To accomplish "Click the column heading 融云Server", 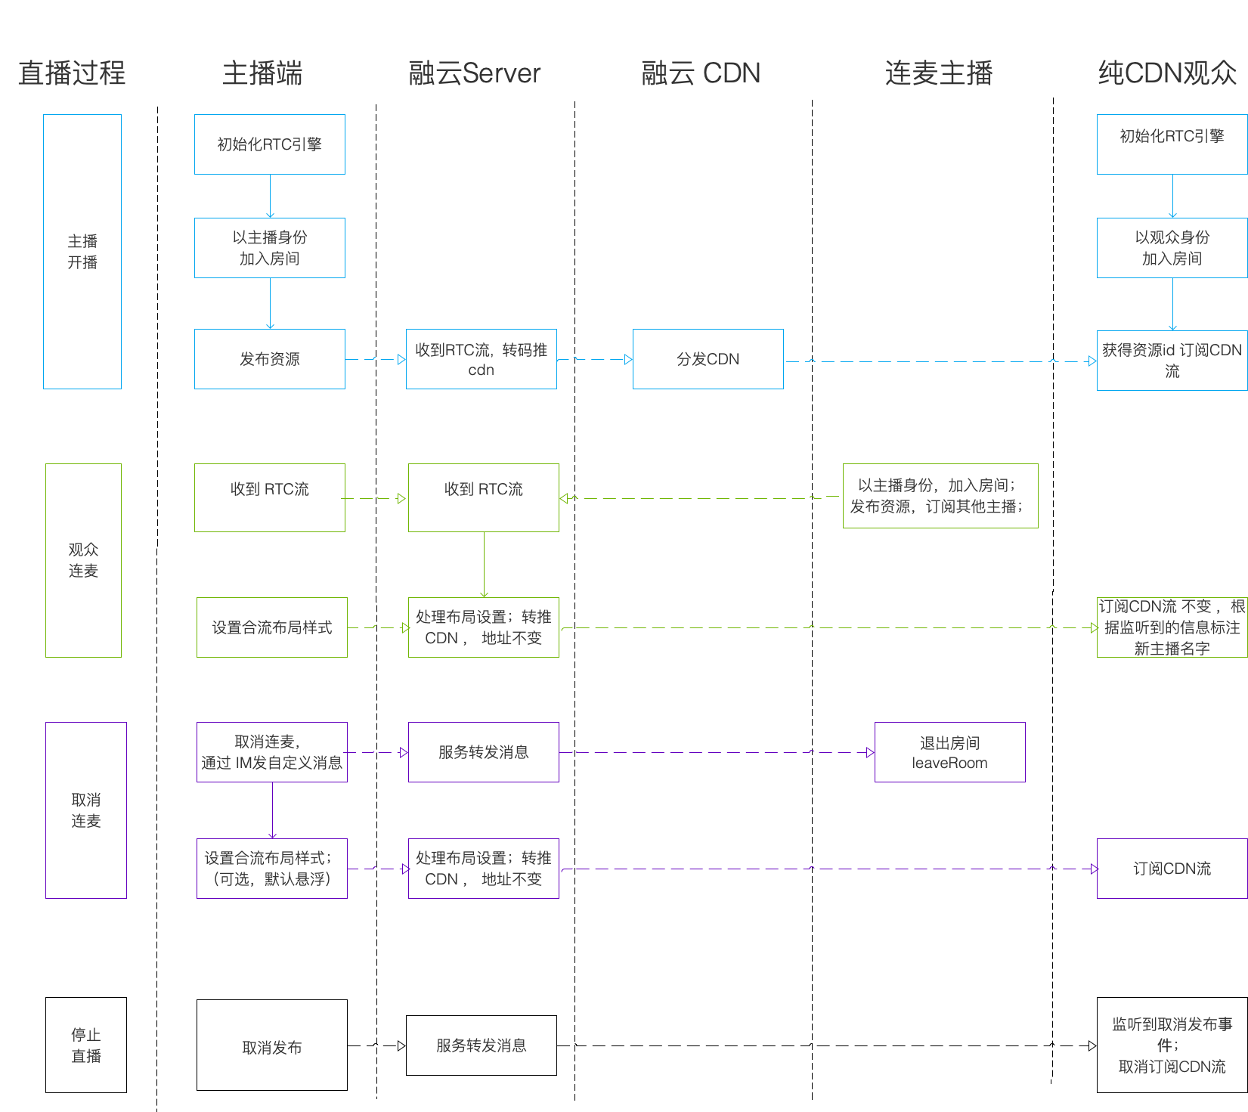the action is (x=475, y=73).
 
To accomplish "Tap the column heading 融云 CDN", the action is (x=701, y=73).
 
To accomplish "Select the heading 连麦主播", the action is (x=939, y=73).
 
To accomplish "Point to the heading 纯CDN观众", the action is (x=1168, y=73).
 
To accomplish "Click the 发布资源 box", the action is (x=270, y=359).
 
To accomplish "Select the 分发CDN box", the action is (x=708, y=359).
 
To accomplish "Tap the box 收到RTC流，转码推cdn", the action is (x=482, y=359).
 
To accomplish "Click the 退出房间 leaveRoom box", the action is (x=950, y=752).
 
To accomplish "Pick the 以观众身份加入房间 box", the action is (x=1172, y=248).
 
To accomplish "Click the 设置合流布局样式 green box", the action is (x=272, y=627).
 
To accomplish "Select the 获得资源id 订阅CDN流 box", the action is (x=1172, y=361).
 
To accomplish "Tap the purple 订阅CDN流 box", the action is (x=1172, y=869).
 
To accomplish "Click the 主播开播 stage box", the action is (x=82, y=252).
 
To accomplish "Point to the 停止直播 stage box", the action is (x=86, y=1045).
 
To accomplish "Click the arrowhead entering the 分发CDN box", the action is (x=628, y=360).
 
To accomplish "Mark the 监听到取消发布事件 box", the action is (x=1172, y=1045).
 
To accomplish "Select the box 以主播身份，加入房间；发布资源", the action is (x=940, y=496).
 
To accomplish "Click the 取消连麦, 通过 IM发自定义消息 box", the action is (x=272, y=752).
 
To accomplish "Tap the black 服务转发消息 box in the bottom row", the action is (x=482, y=1045).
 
